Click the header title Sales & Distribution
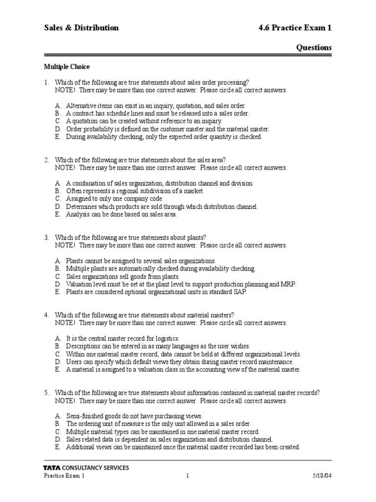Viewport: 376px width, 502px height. click(x=81, y=28)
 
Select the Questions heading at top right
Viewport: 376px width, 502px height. click(x=314, y=48)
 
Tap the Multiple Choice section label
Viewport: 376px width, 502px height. click(x=67, y=67)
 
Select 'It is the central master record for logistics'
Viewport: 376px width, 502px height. click(x=123, y=338)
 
